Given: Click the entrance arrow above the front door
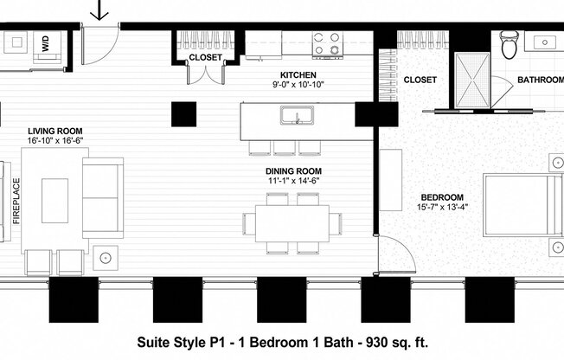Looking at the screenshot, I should (x=100, y=10).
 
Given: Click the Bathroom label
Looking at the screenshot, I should (x=540, y=80).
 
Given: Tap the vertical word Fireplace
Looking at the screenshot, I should (x=16, y=202).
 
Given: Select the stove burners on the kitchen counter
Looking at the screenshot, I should (x=327, y=44).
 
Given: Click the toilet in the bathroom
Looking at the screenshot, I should (x=509, y=45).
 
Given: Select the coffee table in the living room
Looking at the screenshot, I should (x=56, y=201).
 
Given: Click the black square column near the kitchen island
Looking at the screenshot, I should (x=183, y=114).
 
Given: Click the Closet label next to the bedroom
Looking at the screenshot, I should (x=420, y=80).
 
